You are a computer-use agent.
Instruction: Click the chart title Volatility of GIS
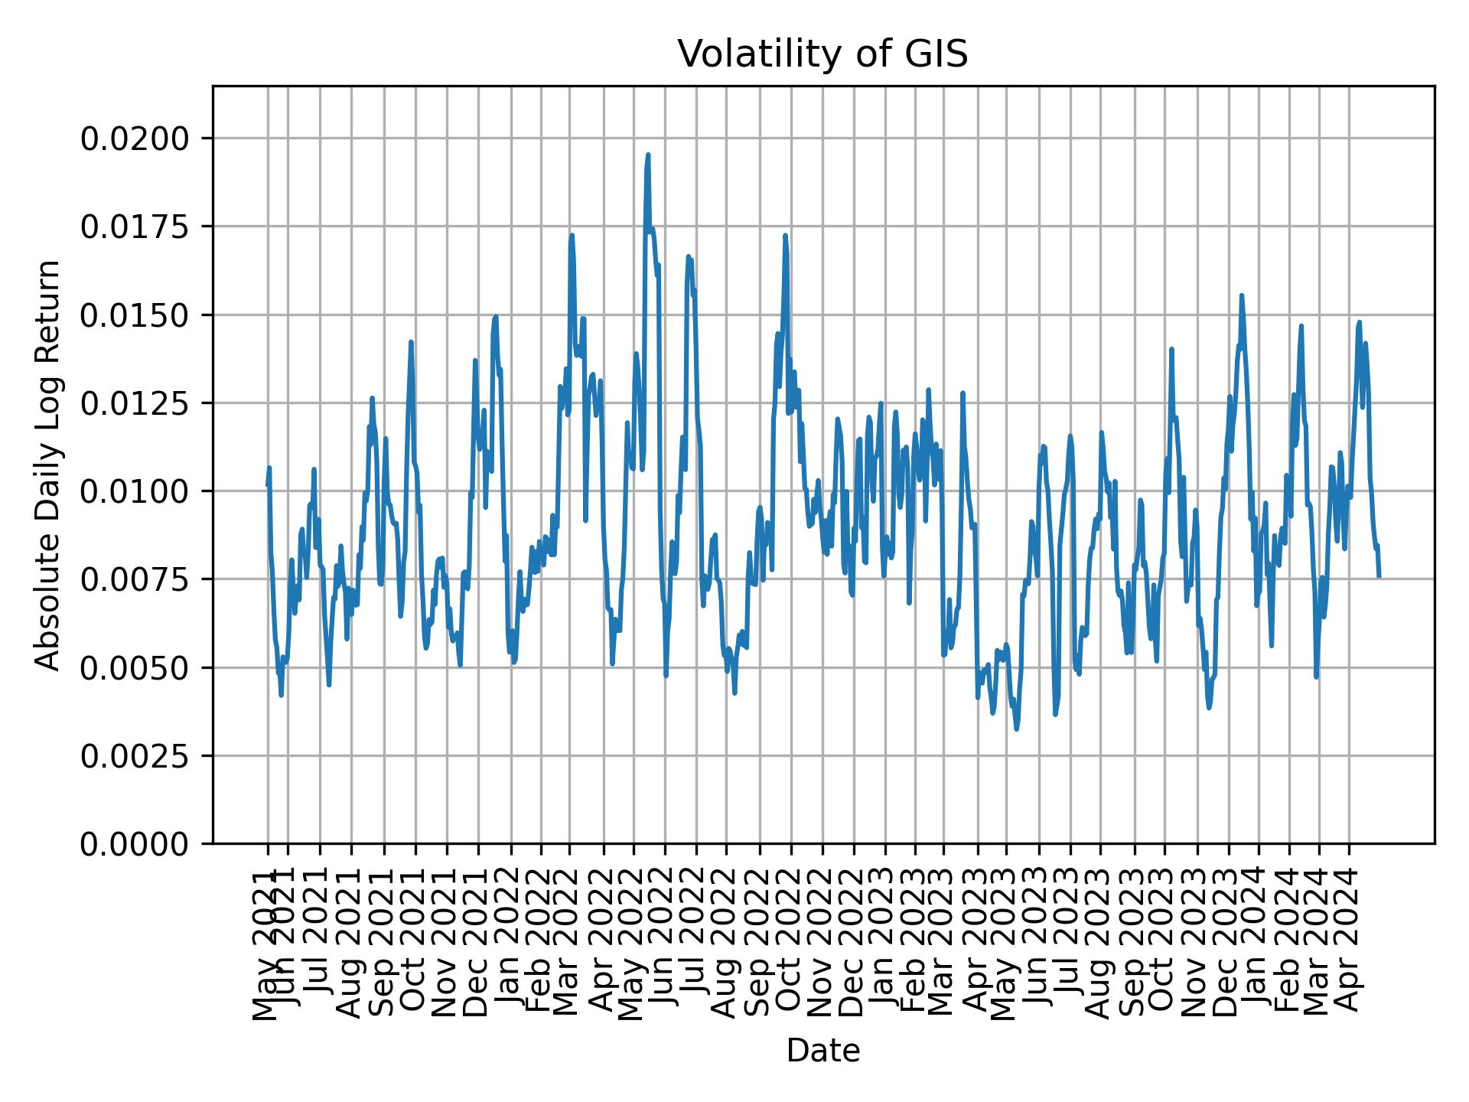[x=822, y=54]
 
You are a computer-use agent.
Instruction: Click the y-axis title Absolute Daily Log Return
[x=49, y=465]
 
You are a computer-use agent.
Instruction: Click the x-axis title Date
[x=822, y=1051]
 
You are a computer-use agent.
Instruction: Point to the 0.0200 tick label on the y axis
[x=135, y=139]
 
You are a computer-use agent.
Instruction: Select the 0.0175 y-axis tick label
[x=135, y=227]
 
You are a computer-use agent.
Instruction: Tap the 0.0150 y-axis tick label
[x=135, y=315]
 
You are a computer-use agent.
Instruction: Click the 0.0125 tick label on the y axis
[x=135, y=403]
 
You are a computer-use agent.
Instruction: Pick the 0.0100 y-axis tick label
[x=135, y=491]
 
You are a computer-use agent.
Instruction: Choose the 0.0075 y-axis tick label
[x=135, y=579]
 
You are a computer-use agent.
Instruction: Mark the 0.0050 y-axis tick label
[x=135, y=668]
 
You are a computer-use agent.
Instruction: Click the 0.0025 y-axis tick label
[x=135, y=756]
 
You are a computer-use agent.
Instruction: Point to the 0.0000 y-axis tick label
[x=135, y=844]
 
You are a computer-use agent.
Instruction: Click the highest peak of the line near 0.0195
[x=648, y=155]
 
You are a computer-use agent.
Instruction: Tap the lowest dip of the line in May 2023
[x=1016, y=729]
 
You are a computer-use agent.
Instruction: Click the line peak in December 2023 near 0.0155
[x=1242, y=295]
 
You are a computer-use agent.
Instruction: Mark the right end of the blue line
[x=1379, y=575]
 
